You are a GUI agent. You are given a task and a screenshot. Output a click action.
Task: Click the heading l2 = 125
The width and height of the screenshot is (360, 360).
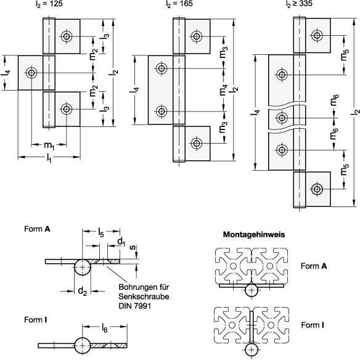(x=49, y=4)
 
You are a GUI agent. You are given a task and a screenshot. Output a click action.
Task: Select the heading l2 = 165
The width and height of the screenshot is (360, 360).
(x=179, y=4)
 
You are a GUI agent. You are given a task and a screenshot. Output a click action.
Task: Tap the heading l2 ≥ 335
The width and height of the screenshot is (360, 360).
(x=299, y=4)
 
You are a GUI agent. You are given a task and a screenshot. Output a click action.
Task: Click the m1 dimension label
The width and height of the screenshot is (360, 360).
(x=49, y=145)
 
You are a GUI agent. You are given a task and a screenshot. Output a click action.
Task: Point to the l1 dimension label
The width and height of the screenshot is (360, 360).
(x=49, y=158)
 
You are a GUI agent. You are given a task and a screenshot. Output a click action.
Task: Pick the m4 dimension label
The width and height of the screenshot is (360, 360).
(x=223, y=90)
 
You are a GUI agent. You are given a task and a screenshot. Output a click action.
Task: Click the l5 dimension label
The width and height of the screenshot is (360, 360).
(x=101, y=232)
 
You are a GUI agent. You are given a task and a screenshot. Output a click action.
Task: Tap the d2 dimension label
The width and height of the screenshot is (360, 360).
(x=83, y=291)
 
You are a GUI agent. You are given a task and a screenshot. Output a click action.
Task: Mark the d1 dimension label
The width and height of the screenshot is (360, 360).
(x=121, y=242)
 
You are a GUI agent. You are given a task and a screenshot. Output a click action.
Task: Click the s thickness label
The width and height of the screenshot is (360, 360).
(x=133, y=247)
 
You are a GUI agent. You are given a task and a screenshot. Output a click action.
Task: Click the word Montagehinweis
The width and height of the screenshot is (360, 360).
(x=254, y=234)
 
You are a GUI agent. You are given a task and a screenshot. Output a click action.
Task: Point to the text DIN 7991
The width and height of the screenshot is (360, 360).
(x=135, y=306)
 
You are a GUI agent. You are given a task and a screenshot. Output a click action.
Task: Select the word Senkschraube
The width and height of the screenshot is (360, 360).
(x=144, y=297)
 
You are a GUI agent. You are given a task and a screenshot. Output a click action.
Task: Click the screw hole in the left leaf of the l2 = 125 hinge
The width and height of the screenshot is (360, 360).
(x=31, y=73)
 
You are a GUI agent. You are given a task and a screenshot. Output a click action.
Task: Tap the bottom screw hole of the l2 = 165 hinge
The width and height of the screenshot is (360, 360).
(x=196, y=143)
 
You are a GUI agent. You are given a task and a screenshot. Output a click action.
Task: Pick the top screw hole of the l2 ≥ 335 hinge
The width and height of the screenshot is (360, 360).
(x=317, y=35)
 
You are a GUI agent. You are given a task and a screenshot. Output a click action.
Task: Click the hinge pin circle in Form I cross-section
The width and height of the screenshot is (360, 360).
(x=83, y=345)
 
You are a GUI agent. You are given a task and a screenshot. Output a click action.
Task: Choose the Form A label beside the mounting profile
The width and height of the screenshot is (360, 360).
(x=314, y=266)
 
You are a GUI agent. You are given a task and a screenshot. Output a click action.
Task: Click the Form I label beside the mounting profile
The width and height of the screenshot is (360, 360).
(x=313, y=325)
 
